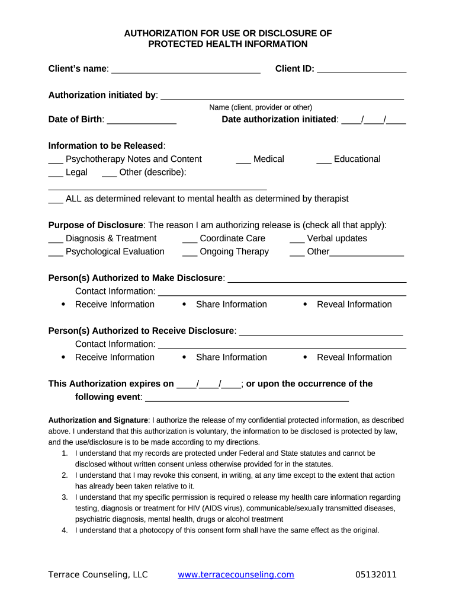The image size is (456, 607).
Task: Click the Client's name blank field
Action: coord(186,70)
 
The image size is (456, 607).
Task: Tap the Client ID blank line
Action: coord(361,70)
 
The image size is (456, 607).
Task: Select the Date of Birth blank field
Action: coord(142,121)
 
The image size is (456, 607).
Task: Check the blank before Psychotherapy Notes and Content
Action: coord(56,161)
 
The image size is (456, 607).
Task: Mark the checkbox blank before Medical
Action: coord(243,161)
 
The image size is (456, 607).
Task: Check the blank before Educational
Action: coord(324,161)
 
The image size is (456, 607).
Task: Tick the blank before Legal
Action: coord(56,174)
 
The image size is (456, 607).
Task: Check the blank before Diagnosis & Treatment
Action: coord(56,240)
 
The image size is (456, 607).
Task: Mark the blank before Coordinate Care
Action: coord(190,240)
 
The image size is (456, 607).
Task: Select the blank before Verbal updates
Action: coord(297,240)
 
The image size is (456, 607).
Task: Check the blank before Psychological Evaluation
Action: coord(56,253)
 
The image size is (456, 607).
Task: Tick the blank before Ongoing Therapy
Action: coord(190,253)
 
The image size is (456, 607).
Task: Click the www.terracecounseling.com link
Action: coord(236,574)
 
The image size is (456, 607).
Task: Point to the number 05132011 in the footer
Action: coord(376,574)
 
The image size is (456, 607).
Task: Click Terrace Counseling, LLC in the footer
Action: coord(98,574)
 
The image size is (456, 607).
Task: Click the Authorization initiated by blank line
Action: coord(282,97)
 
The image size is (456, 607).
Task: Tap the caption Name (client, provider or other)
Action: coord(261,107)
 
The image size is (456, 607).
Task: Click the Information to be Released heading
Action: coord(106,146)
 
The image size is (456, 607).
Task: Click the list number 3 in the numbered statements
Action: coord(65,497)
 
